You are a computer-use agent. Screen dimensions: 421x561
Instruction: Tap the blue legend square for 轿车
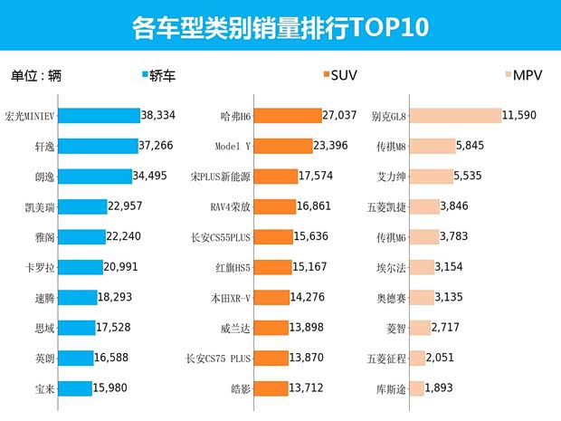tap(147, 75)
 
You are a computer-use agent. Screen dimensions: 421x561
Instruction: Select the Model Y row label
tap(233, 146)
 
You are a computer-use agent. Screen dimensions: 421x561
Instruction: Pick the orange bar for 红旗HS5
tap(272, 267)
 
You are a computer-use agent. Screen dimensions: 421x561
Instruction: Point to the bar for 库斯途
tap(418, 388)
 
